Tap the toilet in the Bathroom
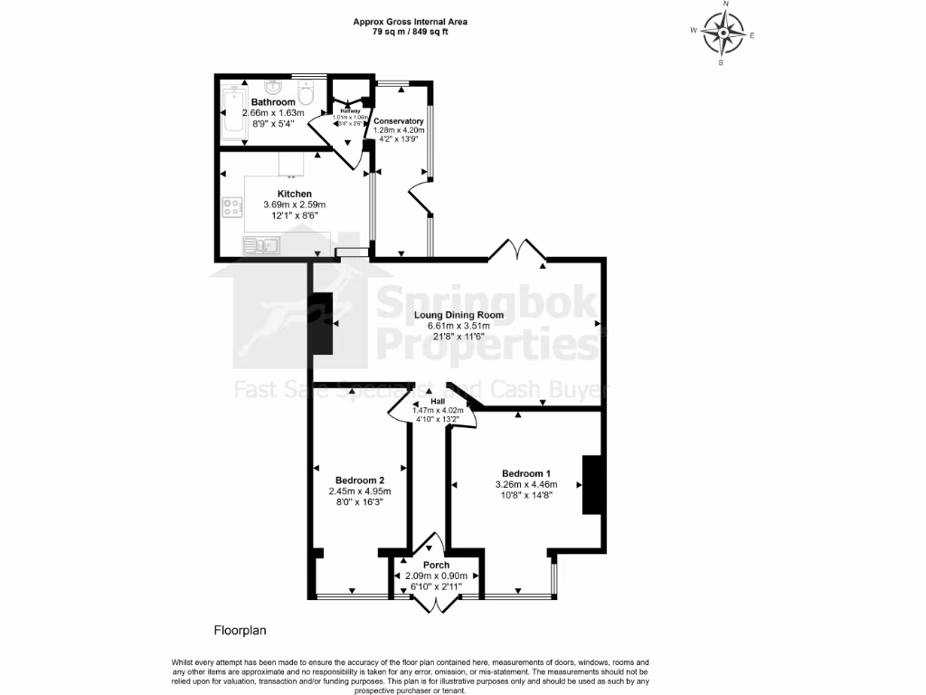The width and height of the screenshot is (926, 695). tap(306, 94)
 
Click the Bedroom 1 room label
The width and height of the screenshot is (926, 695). tap(526, 473)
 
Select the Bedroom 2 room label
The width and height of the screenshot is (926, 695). tap(360, 480)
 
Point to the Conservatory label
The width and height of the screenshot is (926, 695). tap(399, 121)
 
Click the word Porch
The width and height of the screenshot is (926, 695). tap(436, 566)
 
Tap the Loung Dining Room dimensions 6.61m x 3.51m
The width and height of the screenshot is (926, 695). tap(458, 326)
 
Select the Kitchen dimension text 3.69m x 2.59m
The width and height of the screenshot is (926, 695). tap(294, 205)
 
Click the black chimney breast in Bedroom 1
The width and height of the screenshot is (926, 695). tap(592, 485)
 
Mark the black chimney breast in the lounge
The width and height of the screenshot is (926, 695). tap(320, 324)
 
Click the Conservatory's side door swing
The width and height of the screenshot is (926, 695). tap(418, 195)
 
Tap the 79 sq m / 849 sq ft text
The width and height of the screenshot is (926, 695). tap(411, 32)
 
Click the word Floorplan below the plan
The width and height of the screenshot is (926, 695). tap(240, 630)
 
